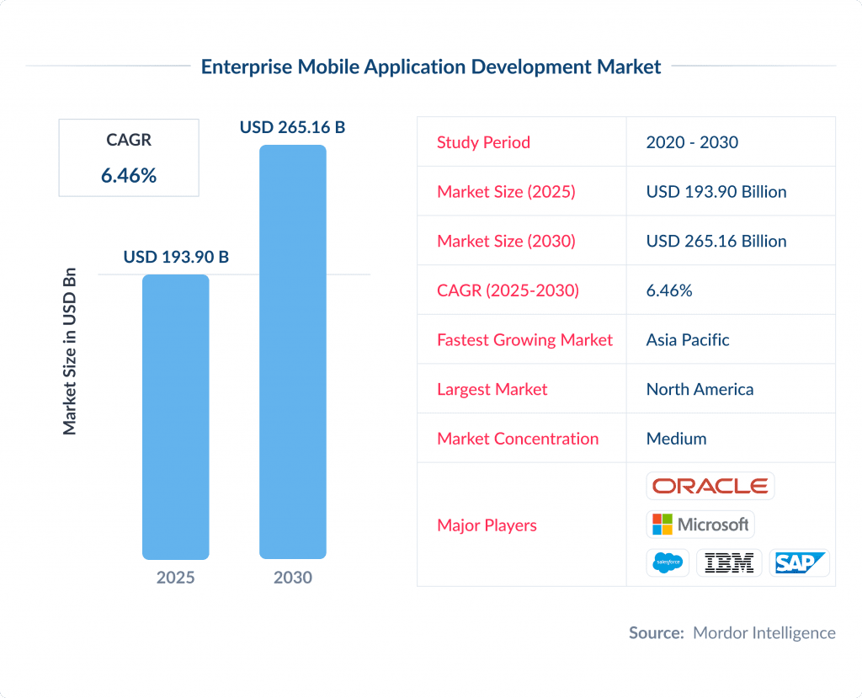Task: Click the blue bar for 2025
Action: [175, 417]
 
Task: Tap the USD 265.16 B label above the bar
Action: [292, 127]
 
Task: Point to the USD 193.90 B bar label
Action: [176, 257]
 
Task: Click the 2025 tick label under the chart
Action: [175, 578]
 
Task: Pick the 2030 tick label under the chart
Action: [292, 578]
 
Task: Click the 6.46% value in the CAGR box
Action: [129, 176]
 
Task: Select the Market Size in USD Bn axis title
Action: [70, 351]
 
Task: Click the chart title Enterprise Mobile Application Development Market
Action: [431, 67]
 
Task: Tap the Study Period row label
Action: [483, 142]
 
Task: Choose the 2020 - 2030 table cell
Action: [692, 142]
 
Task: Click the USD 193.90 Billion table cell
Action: [716, 192]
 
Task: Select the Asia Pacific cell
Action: [688, 340]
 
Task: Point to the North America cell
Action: [700, 390]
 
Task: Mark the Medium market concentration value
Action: [676, 439]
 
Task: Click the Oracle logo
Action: [710, 486]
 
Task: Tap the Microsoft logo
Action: [700, 525]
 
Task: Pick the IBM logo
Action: [729, 562]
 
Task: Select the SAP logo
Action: [799, 562]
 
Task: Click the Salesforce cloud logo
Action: [668, 562]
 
